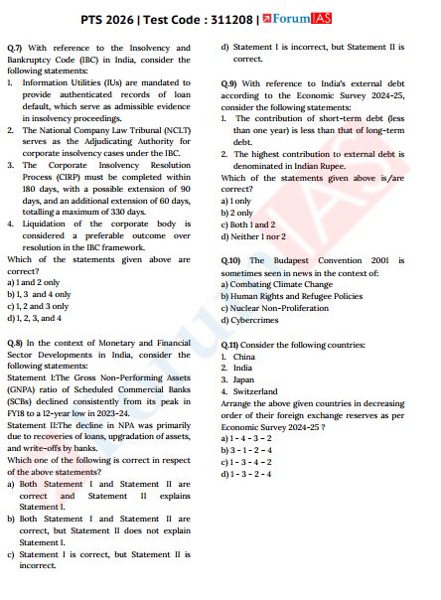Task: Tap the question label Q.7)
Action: coord(15,48)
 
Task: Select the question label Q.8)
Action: coord(15,342)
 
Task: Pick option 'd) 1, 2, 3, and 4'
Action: coord(35,318)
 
